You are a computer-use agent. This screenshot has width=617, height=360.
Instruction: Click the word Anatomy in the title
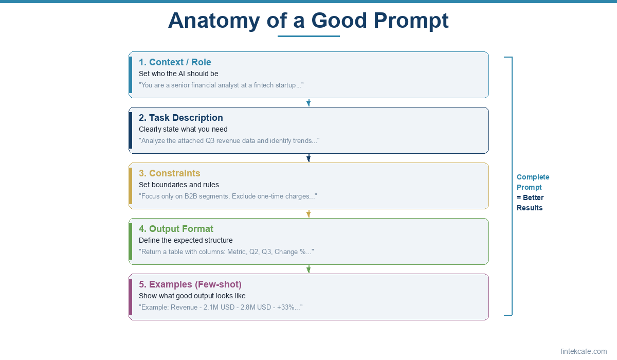click(x=214, y=21)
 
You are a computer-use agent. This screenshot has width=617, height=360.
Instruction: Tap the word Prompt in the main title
click(x=411, y=21)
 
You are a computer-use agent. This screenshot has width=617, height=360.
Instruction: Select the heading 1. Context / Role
click(x=175, y=62)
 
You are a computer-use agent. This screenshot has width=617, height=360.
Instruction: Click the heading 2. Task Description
click(x=180, y=118)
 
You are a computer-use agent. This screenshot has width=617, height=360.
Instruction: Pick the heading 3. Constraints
click(x=169, y=173)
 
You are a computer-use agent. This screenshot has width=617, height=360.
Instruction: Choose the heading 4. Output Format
click(x=176, y=229)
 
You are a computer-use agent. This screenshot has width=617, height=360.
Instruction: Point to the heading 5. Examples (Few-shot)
click(x=190, y=284)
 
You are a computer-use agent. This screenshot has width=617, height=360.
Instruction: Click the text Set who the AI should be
click(x=178, y=74)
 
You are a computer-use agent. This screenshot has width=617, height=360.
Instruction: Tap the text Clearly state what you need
click(x=183, y=130)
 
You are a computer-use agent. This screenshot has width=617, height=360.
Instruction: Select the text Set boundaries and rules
click(x=179, y=185)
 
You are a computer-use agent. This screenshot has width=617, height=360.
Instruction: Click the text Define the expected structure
click(x=186, y=241)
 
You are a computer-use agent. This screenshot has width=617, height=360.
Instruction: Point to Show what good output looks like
click(x=192, y=296)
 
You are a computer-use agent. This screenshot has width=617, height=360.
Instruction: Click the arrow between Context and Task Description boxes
click(x=308, y=102)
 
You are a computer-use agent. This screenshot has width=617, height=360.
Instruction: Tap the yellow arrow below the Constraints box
click(x=308, y=213)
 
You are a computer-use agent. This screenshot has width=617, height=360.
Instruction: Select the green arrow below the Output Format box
click(x=308, y=269)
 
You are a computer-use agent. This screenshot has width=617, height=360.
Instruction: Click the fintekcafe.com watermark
click(x=584, y=351)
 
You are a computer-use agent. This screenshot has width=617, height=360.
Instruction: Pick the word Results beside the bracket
click(x=530, y=208)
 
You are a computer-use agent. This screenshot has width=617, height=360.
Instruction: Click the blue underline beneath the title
click(x=308, y=36)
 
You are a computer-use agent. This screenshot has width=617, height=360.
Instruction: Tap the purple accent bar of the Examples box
click(x=131, y=297)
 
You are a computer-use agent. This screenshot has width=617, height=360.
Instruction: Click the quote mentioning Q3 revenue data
click(x=229, y=141)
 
